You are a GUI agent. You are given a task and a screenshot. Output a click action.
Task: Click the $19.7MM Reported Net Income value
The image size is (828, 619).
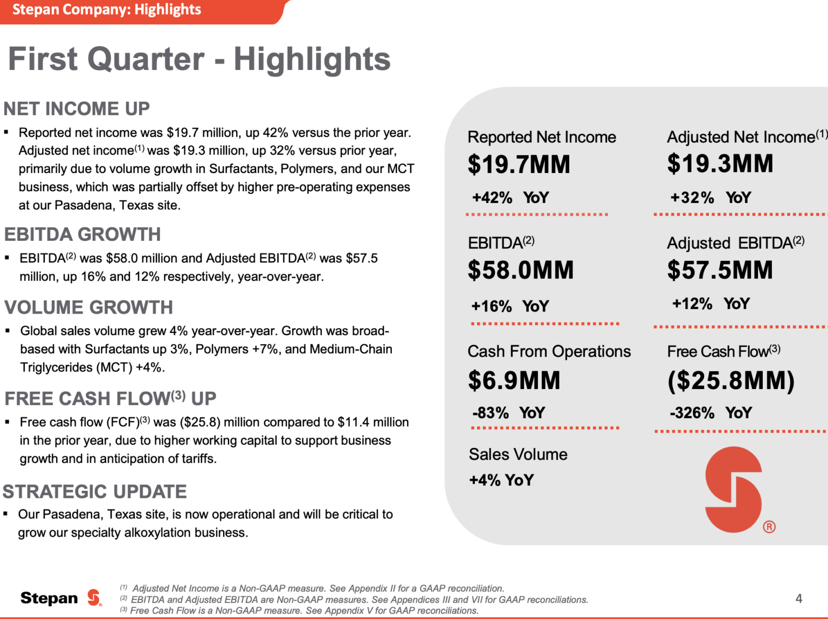[519, 164]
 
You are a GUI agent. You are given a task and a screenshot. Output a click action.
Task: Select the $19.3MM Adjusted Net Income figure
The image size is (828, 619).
[720, 164]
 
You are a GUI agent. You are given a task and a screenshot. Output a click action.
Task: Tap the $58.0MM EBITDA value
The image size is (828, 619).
[520, 270]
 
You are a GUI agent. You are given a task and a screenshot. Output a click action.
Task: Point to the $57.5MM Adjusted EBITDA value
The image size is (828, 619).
[720, 270]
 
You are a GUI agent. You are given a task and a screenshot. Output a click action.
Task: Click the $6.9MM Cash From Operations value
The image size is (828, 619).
[514, 380]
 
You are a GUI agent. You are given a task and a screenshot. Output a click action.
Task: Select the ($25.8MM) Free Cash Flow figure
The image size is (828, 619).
[730, 380]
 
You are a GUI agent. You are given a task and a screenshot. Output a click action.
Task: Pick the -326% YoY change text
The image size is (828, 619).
[710, 413]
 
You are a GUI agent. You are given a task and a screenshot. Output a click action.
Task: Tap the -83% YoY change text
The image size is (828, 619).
[508, 413]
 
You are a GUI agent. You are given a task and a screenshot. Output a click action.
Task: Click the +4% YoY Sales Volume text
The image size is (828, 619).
[501, 480]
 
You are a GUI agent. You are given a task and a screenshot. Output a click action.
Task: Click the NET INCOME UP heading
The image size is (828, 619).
[77, 109]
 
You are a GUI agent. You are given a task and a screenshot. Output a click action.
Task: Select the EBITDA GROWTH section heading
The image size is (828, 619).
[82, 235]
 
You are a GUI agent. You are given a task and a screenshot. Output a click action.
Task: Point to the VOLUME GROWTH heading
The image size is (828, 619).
[88, 308]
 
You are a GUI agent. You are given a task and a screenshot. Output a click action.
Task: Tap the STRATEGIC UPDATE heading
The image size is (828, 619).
[94, 492]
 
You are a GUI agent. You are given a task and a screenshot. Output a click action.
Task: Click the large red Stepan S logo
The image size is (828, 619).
[734, 489]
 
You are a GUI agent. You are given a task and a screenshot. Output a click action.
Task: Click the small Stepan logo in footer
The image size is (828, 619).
[94, 597]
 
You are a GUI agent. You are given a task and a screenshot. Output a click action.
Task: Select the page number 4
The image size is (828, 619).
[798, 599]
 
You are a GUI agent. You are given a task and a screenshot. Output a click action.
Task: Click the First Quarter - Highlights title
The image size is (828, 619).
[199, 59]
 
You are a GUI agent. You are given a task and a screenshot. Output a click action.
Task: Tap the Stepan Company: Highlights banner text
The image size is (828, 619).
[107, 10]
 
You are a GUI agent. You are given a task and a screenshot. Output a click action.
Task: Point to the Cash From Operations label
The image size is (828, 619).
[549, 351]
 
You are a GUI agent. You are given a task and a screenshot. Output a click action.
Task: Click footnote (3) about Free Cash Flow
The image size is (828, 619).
[299, 610]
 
